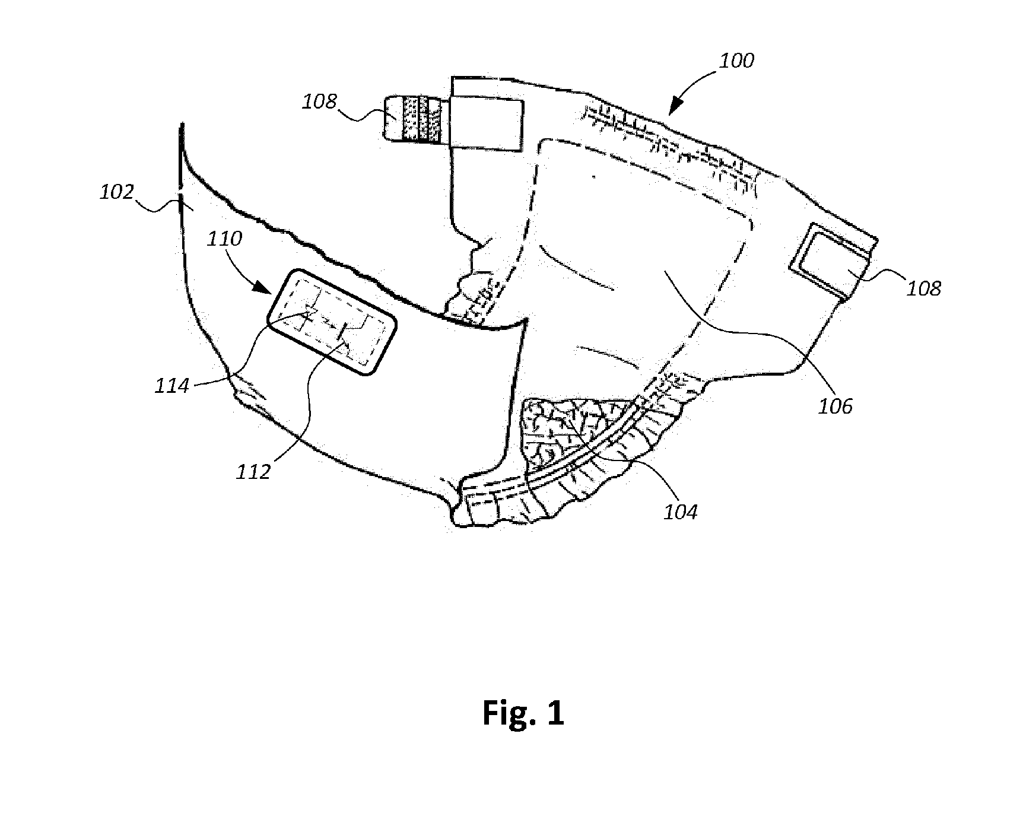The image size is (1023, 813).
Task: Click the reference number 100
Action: tap(737, 61)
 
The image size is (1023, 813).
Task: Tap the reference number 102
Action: tap(117, 192)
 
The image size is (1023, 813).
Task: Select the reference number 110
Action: tap(225, 239)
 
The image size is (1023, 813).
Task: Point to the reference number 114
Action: tap(171, 386)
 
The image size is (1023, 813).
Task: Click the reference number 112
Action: tap(253, 472)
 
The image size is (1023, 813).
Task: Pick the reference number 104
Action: tap(680, 511)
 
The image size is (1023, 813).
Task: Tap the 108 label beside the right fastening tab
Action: tap(924, 288)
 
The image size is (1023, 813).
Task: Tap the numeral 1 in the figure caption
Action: tap(555, 713)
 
